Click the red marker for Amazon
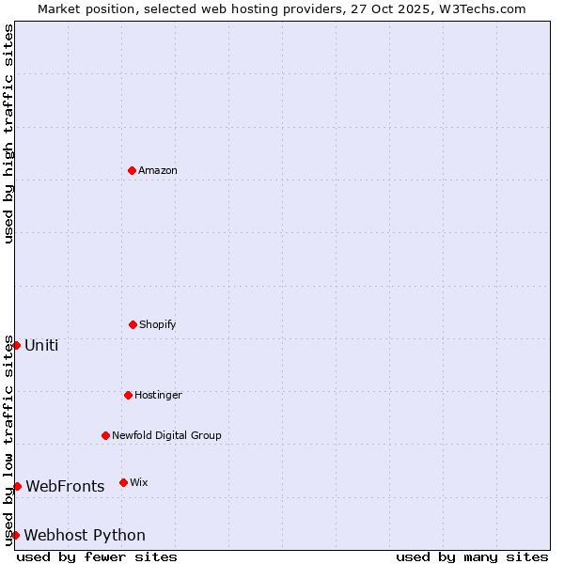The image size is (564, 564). point(132,170)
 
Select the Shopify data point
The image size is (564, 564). point(133,324)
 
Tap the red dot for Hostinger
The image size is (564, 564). point(128,395)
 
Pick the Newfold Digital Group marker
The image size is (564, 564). point(105,435)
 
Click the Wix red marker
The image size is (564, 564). point(123,482)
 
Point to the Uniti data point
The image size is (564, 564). point(16,345)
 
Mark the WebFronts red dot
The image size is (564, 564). point(17,486)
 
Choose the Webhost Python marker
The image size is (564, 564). point(16,535)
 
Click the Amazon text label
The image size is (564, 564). point(158,170)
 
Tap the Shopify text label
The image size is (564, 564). point(158,324)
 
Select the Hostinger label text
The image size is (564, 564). point(158,395)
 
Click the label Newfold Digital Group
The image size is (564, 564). point(166,435)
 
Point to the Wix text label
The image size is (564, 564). point(139,482)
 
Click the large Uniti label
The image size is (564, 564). point(41,345)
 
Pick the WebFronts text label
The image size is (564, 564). point(65,486)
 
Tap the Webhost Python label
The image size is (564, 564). point(85,535)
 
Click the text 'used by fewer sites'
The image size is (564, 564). point(97,556)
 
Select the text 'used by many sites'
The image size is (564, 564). point(472,556)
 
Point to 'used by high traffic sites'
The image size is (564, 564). point(8,134)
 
